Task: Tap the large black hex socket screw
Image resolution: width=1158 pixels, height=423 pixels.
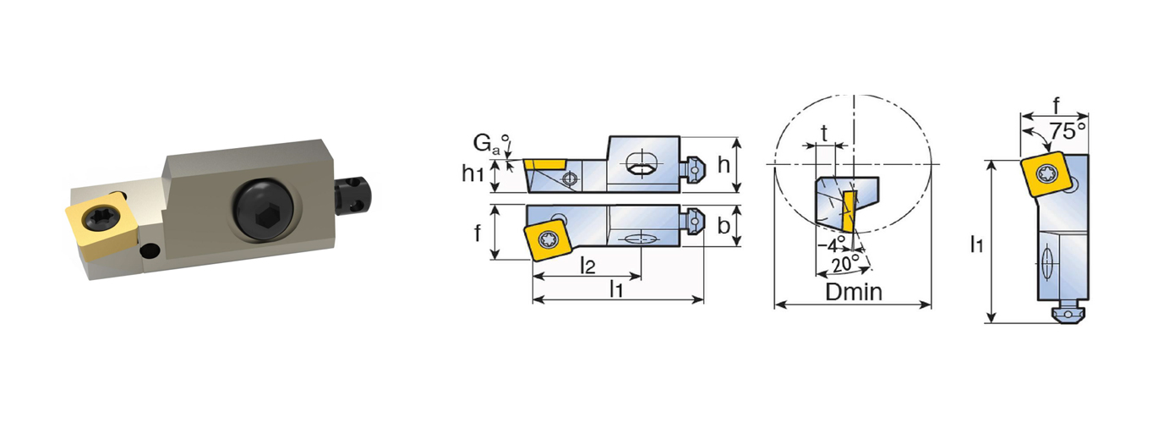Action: [263, 209]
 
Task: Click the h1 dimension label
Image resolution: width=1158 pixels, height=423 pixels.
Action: [472, 173]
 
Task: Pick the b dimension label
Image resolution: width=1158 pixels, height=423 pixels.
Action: [724, 226]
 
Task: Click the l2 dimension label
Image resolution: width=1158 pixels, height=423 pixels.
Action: [587, 266]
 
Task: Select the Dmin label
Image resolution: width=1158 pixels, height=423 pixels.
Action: [854, 292]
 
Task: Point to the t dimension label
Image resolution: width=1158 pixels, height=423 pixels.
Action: [824, 133]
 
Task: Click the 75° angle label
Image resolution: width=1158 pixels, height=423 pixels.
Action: [1067, 131]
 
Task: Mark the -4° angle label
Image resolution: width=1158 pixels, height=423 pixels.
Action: [831, 244]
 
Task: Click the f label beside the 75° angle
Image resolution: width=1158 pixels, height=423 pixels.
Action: [1057, 106]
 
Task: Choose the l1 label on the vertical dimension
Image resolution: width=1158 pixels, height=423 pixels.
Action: [976, 244]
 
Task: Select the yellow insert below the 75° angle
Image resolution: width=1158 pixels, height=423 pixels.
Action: [1046, 173]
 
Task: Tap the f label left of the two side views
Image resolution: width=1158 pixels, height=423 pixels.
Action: [478, 233]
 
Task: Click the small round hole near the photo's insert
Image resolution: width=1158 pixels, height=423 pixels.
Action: [150, 251]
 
